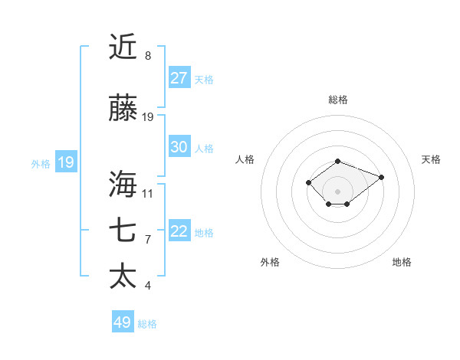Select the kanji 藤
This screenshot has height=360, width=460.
coord(123,110)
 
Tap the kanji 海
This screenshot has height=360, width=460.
coord(123,185)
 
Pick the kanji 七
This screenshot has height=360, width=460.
coord(123,231)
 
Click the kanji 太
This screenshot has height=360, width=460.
coord(123,276)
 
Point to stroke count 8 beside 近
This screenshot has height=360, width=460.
coord(148,56)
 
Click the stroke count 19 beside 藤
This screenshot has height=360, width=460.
coord(148,117)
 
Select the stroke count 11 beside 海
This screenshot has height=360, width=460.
coord(148,193)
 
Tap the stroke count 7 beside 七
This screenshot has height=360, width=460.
coord(148,239)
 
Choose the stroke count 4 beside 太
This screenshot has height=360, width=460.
coord(148,286)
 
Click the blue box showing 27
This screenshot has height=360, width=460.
coord(179,78)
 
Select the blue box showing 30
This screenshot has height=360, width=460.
coord(179,147)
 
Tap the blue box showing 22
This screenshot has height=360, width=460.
coord(179,231)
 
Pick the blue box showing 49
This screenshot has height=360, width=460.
coord(123,322)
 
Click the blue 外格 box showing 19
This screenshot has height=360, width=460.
coord(66,162)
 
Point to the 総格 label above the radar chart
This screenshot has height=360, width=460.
coord(338,100)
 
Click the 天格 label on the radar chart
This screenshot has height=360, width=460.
coord(432,159)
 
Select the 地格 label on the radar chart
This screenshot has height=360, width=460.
coord(402,262)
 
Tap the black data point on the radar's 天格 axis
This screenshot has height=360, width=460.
coord(381,177)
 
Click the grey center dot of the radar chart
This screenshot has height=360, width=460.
coord(338,191)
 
